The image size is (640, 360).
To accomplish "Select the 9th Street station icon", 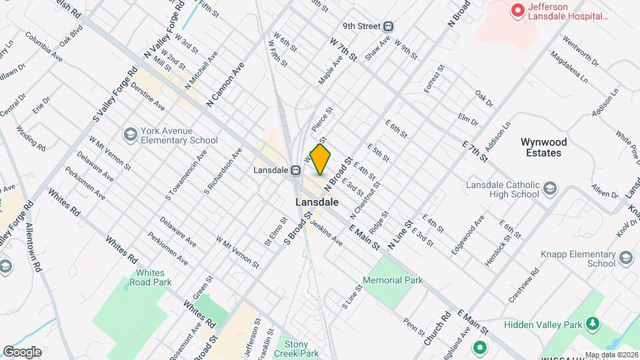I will pyautogui.click(x=388, y=27).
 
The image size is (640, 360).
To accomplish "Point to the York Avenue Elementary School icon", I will pyautogui.click(x=130, y=135).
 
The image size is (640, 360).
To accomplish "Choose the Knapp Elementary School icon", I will pyautogui.click(x=626, y=258).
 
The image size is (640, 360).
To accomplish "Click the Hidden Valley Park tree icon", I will pyautogui.click(x=590, y=324).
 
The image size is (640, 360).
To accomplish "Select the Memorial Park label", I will pyautogui.click(x=393, y=281).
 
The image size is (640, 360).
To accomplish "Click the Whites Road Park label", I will pyautogui.click(x=155, y=277).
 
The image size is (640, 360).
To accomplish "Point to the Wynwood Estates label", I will pyautogui.click(x=550, y=147).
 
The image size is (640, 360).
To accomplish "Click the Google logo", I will pyautogui.click(x=23, y=351).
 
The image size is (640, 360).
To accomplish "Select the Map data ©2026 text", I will pyautogui.click(x=611, y=354).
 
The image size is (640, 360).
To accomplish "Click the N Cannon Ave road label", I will pyautogui.click(x=225, y=85).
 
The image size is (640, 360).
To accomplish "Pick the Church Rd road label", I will pyautogui.click(x=437, y=329).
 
